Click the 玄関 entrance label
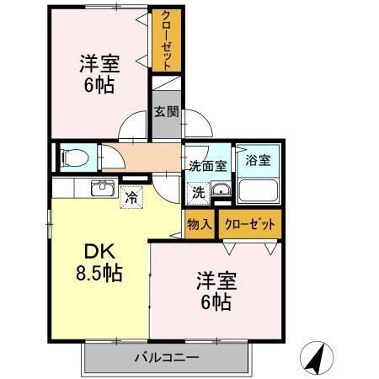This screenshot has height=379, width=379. click(165, 111)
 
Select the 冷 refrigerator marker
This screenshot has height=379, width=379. click(131, 198)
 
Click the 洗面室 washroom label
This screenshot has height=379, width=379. click(207, 165)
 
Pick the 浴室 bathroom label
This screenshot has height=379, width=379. click(257, 160)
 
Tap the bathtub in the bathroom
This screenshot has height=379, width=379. click(259, 189)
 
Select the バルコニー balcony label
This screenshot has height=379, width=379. click(166, 358)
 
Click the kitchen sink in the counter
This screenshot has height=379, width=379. click(103, 187)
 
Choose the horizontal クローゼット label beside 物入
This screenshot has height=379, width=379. click(248, 224)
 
